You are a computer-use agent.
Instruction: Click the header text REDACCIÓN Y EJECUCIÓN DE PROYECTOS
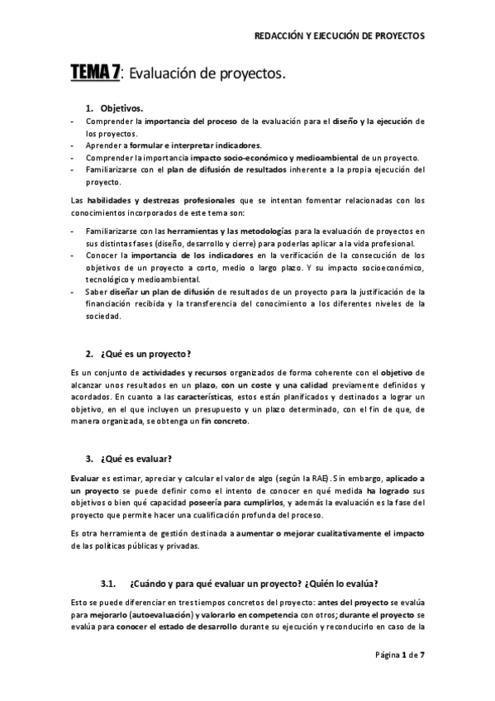pyautogui.click(x=342, y=36)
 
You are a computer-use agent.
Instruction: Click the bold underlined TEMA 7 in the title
pyautogui.click(x=94, y=74)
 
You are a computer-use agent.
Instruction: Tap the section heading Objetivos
pyautogui.click(x=121, y=108)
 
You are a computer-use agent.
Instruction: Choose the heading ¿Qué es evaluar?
pyautogui.click(x=136, y=459)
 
